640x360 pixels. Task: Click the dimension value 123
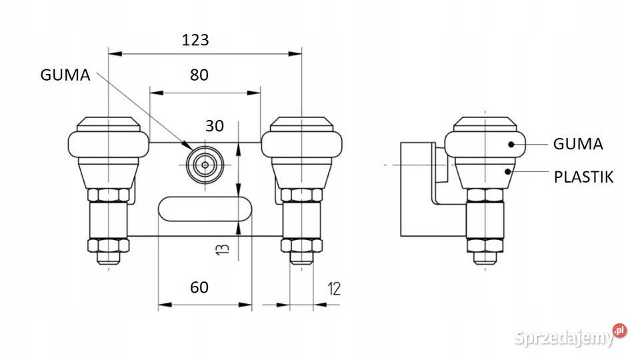(195, 40)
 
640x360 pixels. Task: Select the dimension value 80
(199, 75)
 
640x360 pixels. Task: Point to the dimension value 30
(214, 126)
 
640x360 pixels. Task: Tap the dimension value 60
(199, 287)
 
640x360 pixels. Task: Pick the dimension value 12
(334, 289)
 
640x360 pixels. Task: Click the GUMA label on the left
(65, 75)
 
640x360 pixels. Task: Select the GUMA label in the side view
(578, 144)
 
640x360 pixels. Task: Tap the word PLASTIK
(584, 177)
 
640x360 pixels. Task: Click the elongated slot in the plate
(205, 209)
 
